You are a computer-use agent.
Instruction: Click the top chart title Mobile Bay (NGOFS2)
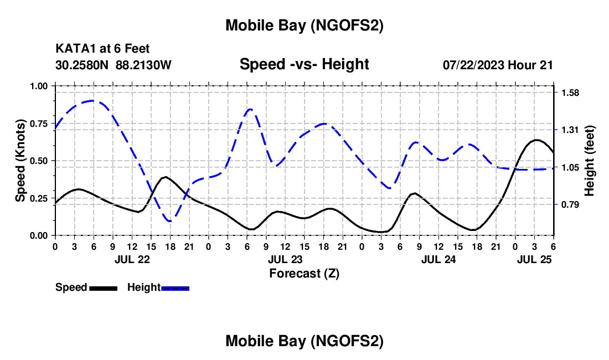[304, 25]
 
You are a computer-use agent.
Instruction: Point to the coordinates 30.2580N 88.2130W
[113, 65]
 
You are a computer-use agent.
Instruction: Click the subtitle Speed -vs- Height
[304, 64]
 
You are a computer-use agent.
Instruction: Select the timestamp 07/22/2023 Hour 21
[498, 65]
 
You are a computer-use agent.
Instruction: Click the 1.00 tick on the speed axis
[39, 86]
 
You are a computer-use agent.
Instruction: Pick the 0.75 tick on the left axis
[39, 124]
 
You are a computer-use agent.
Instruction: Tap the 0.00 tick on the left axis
[39, 236]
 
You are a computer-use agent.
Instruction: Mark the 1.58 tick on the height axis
[570, 92]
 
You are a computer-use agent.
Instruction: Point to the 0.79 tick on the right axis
[570, 205]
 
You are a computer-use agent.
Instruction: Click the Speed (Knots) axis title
[20, 161]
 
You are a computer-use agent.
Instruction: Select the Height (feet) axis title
[590, 161]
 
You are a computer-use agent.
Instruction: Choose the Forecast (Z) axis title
[304, 273]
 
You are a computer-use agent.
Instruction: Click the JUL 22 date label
[132, 259]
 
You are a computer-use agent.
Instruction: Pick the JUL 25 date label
[534, 259]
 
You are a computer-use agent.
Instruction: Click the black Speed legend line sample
[103, 288]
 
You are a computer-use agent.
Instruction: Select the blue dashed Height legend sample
[175, 288]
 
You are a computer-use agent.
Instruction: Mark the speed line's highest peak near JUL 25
[535, 140]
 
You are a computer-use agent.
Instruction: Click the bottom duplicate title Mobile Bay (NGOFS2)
[304, 342]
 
